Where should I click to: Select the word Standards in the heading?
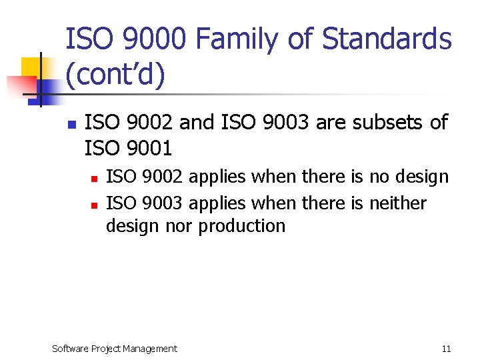pyautogui.click(x=387, y=39)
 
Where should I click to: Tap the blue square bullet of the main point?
pyautogui.click(x=71, y=124)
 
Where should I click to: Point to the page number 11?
pyautogui.click(x=446, y=349)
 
